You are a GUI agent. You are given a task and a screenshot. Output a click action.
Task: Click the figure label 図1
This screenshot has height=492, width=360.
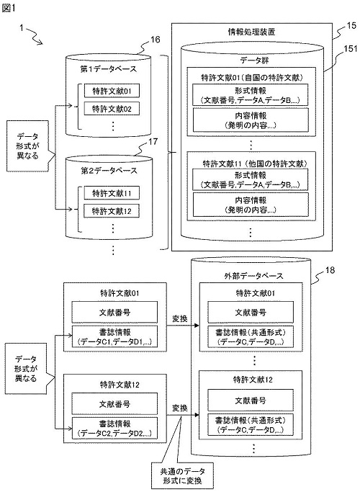click(9, 9)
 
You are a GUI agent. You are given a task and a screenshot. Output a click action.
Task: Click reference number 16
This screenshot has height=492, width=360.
click(155, 40)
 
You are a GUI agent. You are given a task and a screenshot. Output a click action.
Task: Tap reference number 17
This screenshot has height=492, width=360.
click(153, 141)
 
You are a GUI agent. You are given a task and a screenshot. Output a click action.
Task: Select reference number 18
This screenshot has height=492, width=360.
click(330, 270)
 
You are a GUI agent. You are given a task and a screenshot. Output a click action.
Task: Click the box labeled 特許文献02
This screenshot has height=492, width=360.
click(112, 109)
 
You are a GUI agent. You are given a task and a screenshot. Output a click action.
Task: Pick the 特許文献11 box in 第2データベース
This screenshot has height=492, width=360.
click(112, 193)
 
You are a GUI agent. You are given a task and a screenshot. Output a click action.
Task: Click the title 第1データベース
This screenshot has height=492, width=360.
click(109, 69)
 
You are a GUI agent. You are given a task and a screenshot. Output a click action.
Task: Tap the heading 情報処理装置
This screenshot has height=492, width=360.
click(251, 32)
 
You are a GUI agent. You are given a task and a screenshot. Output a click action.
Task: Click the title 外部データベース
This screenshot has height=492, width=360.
click(253, 276)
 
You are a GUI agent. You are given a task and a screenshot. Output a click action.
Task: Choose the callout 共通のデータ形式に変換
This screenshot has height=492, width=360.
click(182, 475)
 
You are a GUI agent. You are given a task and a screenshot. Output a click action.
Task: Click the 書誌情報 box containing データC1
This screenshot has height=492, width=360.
click(114, 337)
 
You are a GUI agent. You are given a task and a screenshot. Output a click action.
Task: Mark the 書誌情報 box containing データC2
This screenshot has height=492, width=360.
click(114, 429)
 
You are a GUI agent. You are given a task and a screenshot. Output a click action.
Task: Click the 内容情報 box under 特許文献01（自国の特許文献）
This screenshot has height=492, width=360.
click(251, 120)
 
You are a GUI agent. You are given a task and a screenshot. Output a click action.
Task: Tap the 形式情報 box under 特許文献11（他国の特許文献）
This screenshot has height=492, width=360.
click(251, 179)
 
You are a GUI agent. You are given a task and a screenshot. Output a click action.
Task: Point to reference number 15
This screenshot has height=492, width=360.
click(352, 26)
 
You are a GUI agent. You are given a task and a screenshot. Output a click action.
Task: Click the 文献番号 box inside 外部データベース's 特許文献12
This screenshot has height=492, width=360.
click(251, 401)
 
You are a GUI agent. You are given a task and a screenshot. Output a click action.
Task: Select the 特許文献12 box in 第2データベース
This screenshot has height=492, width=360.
click(112, 211)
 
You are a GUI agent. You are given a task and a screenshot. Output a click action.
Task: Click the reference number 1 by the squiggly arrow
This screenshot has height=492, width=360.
click(22, 28)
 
